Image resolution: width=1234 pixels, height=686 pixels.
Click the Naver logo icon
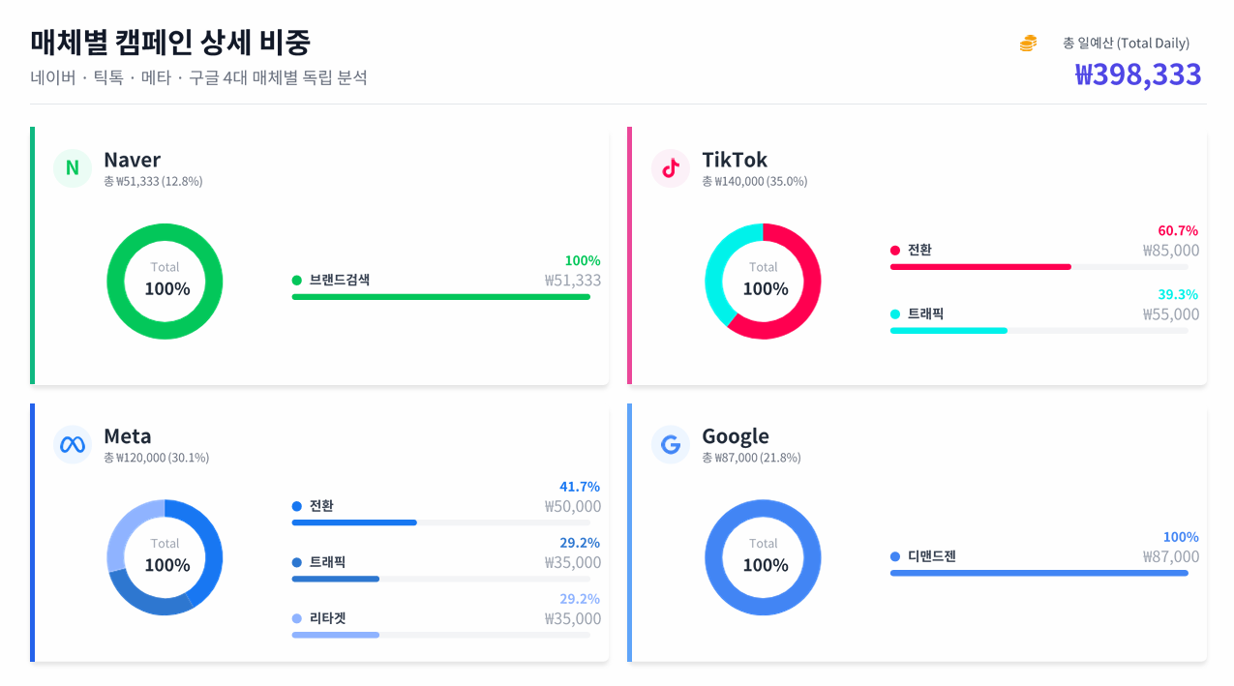tap(72, 168)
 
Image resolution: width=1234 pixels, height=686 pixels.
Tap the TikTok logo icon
tap(670, 168)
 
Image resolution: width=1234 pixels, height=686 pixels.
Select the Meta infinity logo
tap(72, 445)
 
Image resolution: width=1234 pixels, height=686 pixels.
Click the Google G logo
tap(670, 445)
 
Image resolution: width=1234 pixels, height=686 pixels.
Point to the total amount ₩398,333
tap(1138, 75)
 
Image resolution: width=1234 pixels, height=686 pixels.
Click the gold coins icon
tap(1028, 44)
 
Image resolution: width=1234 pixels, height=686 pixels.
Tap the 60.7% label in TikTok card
tap(1178, 230)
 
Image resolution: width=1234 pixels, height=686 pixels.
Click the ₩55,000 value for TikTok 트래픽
tap(1170, 314)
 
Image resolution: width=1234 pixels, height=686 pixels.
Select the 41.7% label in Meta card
tap(580, 487)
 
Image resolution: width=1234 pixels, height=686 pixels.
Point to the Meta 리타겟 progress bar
tap(336, 635)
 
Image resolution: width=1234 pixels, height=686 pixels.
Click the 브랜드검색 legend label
tap(339, 281)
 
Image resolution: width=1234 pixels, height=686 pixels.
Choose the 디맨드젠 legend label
tap(931, 556)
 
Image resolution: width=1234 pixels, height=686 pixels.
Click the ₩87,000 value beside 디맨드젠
tap(1170, 556)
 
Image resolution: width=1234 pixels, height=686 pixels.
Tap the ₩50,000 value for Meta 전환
tap(572, 506)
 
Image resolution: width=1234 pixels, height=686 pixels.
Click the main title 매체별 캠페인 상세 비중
tap(170, 42)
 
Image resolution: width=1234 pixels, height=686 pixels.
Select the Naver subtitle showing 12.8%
tap(153, 181)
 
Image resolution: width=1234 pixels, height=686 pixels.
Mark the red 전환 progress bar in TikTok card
tap(980, 266)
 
